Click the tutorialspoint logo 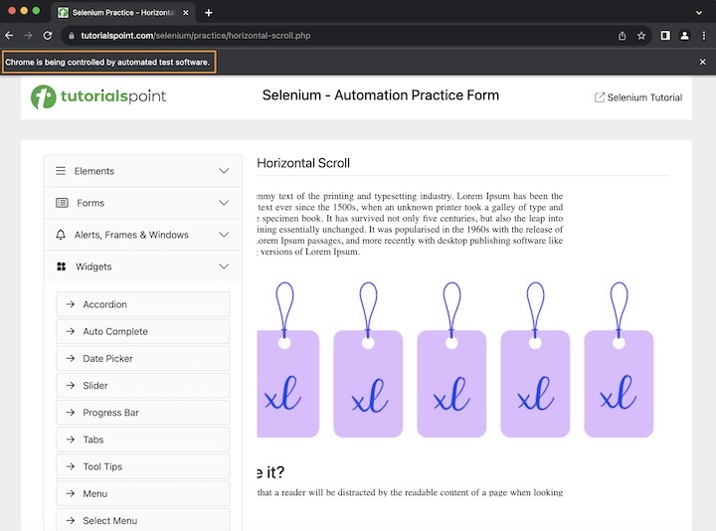[97, 96]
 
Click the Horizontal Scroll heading [303, 163]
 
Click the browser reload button [47, 36]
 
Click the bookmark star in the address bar [641, 36]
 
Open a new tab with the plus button [209, 13]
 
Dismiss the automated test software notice [702, 62]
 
